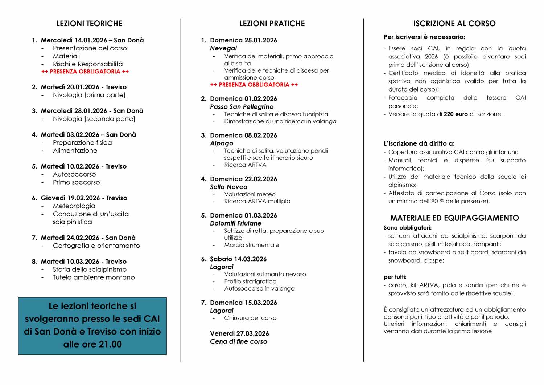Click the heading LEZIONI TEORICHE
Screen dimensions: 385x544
coord(89,24)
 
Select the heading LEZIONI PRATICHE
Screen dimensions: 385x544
coord(272,24)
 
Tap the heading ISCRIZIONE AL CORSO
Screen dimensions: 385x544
coord(454,24)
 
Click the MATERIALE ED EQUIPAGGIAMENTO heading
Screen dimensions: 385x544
coord(454,218)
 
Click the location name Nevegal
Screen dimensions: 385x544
coord(223,48)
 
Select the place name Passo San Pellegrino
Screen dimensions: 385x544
coord(242,107)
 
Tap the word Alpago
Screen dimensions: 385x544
coord(222,143)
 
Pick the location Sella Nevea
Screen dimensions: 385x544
coord(228,187)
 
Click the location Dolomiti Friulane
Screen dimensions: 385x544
coord(235,223)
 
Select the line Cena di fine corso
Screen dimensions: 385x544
coord(238,341)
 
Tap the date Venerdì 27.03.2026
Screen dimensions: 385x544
coord(239,333)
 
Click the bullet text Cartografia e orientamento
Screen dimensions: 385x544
coord(96,246)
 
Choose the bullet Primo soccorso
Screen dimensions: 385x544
coord(76,182)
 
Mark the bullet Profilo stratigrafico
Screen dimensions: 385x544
coord(250,281)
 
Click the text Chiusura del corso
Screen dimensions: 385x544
coord(250,318)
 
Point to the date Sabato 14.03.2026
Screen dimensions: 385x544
coord(238,259)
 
